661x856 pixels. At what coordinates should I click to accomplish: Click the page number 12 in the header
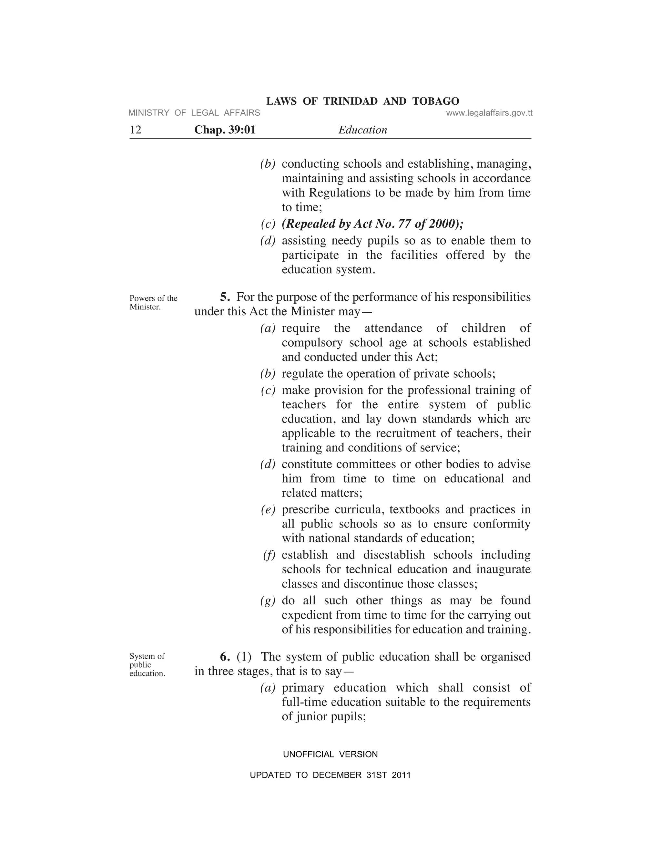(x=136, y=130)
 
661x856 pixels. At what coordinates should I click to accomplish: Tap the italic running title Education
(x=362, y=130)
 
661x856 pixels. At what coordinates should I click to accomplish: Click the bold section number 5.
(x=225, y=297)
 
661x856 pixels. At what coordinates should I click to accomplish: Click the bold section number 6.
(x=225, y=656)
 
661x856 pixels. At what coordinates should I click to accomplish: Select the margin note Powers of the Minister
(x=153, y=302)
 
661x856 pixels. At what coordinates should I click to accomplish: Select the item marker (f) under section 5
(x=269, y=555)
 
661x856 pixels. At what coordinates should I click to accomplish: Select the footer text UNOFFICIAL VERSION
(x=330, y=755)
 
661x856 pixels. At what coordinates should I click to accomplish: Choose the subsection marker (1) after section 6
(x=244, y=656)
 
